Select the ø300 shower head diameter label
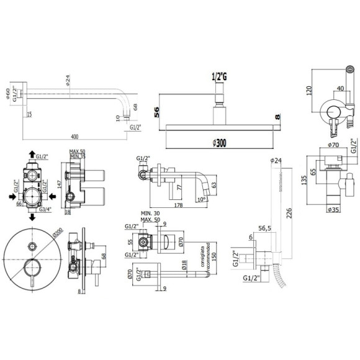pyautogui.click(x=218, y=143)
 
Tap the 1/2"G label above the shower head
pyautogui.click(x=219, y=76)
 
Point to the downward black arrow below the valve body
pyautogui.click(x=32, y=218)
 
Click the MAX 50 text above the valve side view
pyautogui.click(x=79, y=151)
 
